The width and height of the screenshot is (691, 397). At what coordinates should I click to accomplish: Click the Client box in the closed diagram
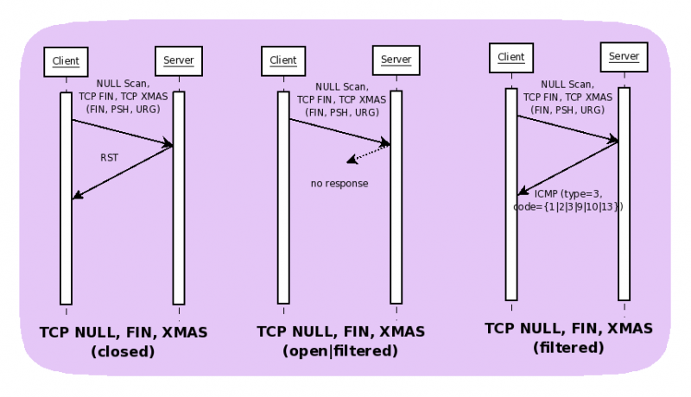pos(66,60)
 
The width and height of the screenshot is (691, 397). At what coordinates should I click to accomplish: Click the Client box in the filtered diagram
pos(511,57)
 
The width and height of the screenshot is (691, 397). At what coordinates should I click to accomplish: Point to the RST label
pos(109,158)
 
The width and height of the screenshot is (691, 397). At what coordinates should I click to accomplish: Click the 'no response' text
pos(339,184)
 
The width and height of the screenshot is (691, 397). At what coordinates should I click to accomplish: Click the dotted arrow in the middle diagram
pos(368,153)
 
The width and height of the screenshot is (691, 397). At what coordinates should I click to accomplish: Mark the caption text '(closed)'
pos(123,351)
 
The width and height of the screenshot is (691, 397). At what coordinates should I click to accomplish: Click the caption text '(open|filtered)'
pos(340,351)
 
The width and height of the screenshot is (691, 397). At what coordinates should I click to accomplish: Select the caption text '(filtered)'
pos(568,348)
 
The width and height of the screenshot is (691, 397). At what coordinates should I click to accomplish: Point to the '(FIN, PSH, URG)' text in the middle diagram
pos(340,111)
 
